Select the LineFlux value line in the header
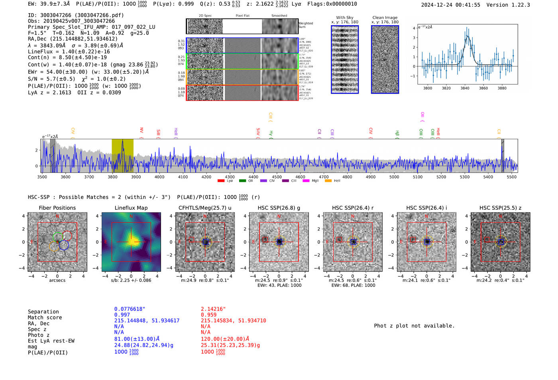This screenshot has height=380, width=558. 69,51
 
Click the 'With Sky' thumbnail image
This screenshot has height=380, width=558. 345,59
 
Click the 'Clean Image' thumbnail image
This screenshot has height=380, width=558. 385,59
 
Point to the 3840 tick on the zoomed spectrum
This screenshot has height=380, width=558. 465,88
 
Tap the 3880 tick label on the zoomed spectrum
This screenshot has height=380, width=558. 502,88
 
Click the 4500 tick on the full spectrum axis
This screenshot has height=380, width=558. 277,177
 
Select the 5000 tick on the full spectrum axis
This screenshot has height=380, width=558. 394,177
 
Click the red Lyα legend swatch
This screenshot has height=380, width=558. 221,181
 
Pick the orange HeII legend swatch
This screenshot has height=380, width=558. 328,181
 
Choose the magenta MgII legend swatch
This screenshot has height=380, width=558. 306,181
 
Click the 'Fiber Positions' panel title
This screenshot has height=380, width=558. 57,208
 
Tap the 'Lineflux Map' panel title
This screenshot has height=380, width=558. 131,208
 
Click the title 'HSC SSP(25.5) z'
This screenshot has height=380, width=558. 500,208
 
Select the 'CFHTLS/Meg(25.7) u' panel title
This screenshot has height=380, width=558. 205,208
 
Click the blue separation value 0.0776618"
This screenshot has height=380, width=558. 130,309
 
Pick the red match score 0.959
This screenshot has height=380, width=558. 208,315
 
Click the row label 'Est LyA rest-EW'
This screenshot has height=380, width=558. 51,341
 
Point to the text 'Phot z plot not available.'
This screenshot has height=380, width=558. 414,326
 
